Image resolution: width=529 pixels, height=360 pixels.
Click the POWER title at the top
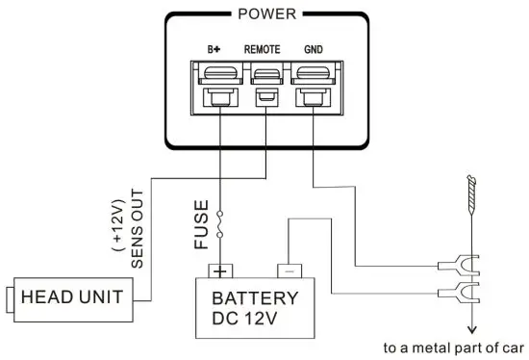coord(265,14)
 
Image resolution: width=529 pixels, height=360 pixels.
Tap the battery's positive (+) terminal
coord(222,270)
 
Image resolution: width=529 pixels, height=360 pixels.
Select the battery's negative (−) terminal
coord(288,270)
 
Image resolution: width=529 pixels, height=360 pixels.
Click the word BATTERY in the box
coord(255,297)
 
